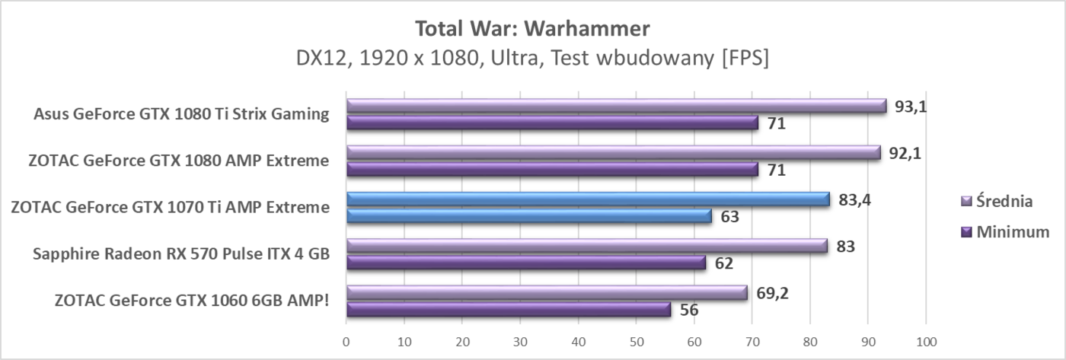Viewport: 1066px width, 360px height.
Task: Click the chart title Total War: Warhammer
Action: [532, 29]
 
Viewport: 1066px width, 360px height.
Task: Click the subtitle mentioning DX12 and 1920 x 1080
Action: [532, 59]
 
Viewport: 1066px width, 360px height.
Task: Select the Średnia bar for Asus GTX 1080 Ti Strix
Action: [616, 107]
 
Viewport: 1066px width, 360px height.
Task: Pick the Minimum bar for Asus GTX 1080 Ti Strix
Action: [552, 123]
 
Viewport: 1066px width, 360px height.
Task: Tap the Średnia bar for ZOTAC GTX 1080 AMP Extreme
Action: [613, 153]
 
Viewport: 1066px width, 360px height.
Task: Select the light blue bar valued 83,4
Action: [588, 199]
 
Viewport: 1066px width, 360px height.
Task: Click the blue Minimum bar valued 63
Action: [529, 216]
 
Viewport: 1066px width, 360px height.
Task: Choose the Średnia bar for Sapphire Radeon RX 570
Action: [586, 246]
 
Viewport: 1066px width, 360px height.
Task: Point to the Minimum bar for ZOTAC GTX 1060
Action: [509, 309]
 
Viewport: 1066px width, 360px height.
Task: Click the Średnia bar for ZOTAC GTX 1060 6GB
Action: [547, 293]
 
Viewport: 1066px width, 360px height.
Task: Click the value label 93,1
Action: [911, 107]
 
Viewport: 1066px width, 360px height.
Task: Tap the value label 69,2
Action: [771, 293]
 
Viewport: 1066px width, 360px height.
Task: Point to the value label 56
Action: [688, 310]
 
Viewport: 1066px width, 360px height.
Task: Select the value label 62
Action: [723, 263]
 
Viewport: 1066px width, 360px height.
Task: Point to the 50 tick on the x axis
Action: [636, 342]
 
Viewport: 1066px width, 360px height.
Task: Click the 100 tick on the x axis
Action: [925, 342]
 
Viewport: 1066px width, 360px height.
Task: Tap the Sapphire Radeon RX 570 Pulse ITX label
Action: [181, 254]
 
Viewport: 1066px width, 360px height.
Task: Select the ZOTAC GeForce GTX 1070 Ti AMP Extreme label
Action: [171, 207]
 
